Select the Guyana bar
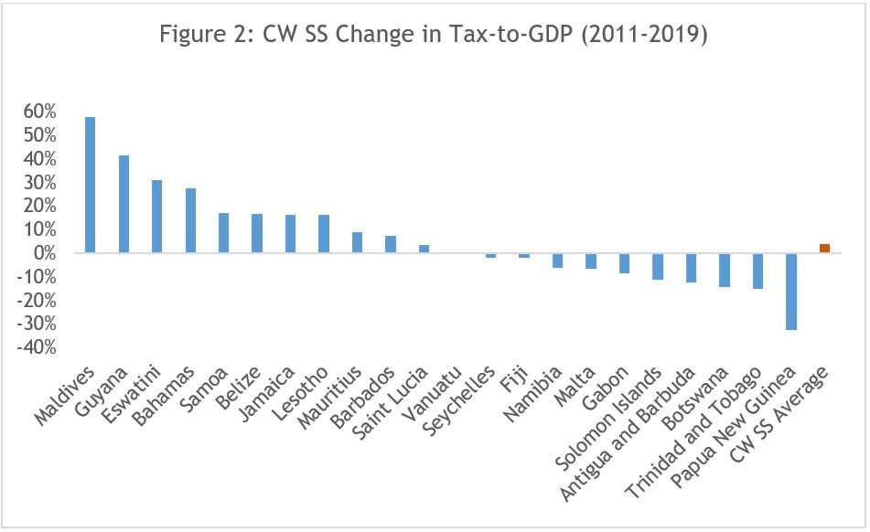click(x=124, y=204)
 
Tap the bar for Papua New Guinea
click(x=791, y=291)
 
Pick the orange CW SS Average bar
click(x=824, y=248)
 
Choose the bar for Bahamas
click(x=190, y=220)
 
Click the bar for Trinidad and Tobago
click(x=757, y=271)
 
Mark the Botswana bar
click(x=725, y=270)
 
